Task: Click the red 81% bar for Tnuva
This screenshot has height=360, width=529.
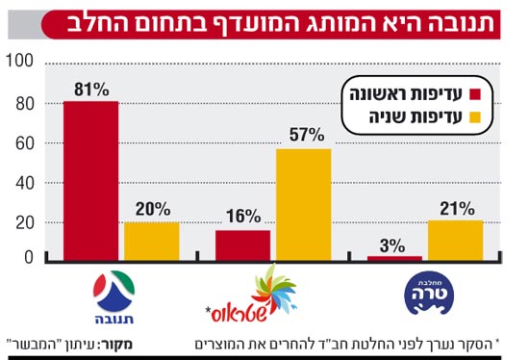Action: point(90,181)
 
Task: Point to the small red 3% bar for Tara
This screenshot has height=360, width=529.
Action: point(394,258)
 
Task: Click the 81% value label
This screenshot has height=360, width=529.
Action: point(90,90)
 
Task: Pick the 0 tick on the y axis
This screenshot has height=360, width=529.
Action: point(29,257)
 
